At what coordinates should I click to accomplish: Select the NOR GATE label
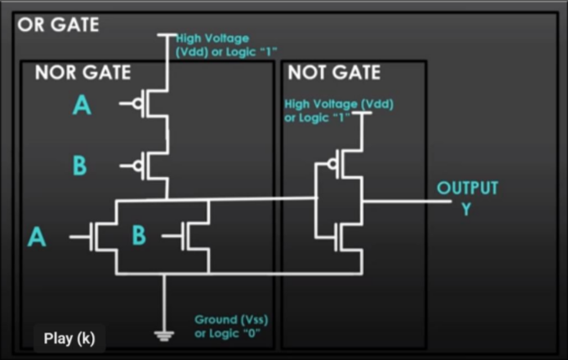tap(82, 73)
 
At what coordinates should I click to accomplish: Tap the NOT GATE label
tap(333, 73)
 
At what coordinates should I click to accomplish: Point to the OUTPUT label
tap(467, 188)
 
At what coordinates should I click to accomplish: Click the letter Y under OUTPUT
tap(466, 209)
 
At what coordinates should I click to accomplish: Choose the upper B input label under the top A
tap(80, 166)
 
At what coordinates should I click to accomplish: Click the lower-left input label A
tap(36, 238)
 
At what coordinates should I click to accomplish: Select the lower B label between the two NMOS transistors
tap(139, 237)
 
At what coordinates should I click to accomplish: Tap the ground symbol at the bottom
tap(165, 336)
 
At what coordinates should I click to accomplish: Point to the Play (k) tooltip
tap(70, 339)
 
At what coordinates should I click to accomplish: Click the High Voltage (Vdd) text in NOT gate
tap(338, 110)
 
